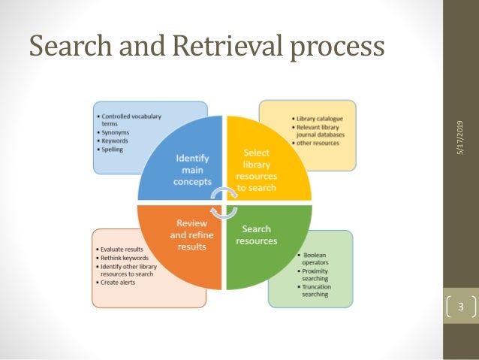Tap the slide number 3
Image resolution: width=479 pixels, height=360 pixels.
point(461,307)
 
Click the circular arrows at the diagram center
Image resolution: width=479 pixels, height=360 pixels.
point(221,202)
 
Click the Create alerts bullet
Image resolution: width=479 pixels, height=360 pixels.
point(118,281)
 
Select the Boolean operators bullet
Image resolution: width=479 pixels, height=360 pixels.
point(313,259)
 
